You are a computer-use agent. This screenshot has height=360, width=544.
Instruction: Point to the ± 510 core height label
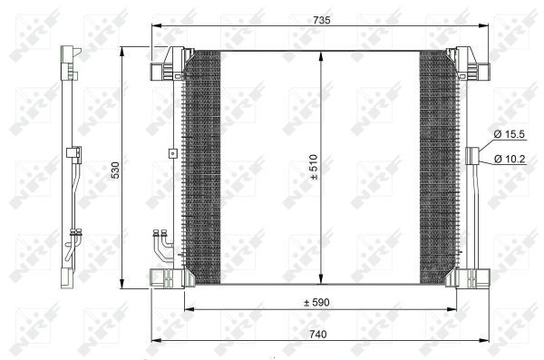coord(315,168)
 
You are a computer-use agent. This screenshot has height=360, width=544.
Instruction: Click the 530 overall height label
coord(114,169)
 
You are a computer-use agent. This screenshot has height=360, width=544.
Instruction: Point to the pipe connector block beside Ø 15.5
coord(471,156)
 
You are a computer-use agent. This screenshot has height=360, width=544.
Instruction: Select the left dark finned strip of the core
coord(202,168)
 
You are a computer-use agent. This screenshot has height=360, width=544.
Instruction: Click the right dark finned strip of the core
coord(438,168)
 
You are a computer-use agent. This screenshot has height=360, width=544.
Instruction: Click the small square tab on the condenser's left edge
coord(170,153)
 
